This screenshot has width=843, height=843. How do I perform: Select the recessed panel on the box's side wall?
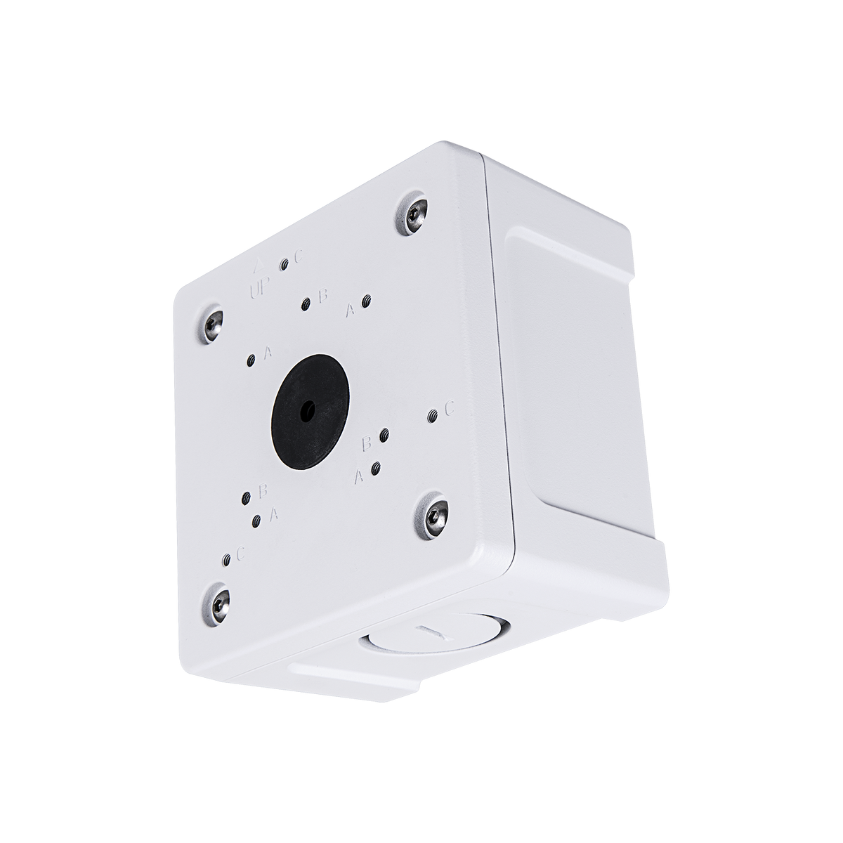point(576,365)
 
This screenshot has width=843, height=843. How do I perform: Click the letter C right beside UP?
point(299,257)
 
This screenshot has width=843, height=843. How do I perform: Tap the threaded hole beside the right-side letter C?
point(433,417)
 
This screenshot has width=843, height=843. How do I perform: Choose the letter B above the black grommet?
point(323,296)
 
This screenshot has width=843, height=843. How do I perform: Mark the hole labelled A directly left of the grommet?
point(251,361)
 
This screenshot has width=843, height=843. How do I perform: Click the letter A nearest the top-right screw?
point(349,309)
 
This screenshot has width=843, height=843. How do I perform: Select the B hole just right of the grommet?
point(384,436)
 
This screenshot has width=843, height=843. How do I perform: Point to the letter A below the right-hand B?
point(358,478)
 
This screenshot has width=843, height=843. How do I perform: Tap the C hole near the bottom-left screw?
point(226,560)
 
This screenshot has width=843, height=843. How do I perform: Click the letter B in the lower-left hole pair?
point(263,490)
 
